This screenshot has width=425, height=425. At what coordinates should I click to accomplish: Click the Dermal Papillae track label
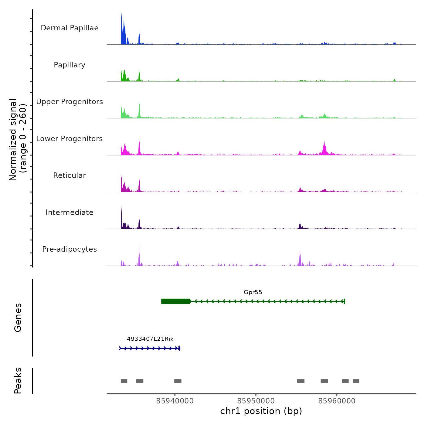(x=70, y=28)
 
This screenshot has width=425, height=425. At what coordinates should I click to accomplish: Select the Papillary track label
(x=70, y=65)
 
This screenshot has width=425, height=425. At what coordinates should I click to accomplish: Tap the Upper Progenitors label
(x=70, y=102)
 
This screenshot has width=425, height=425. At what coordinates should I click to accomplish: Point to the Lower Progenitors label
(x=70, y=139)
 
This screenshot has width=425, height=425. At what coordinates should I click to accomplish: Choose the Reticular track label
(x=70, y=175)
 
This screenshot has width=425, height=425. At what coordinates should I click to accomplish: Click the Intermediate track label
(x=70, y=212)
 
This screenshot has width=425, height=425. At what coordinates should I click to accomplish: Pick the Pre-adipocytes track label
(x=70, y=249)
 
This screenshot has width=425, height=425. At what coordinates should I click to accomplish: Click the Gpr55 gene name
(x=253, y=292)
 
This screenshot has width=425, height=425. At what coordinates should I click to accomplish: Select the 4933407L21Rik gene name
(x=150, y=339)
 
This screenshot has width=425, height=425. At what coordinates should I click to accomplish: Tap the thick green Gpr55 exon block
(x=176, y=301)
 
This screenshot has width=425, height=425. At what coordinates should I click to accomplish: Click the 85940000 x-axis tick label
(x=175, y=401)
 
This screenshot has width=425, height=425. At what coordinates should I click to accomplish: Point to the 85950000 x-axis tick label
(x=256, y=401)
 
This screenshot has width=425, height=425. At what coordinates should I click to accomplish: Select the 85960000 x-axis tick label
(x=337, y=401)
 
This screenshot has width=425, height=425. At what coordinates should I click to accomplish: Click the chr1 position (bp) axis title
(x=261, y=411)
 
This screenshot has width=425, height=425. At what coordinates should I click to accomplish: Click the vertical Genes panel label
(x=18, y=318)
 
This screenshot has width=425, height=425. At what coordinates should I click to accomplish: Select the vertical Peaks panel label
(x=18, y=381)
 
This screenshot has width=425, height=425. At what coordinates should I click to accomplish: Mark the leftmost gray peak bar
(x=124, y=381)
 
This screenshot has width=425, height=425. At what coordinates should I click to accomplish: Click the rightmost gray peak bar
(x=356, y=381)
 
